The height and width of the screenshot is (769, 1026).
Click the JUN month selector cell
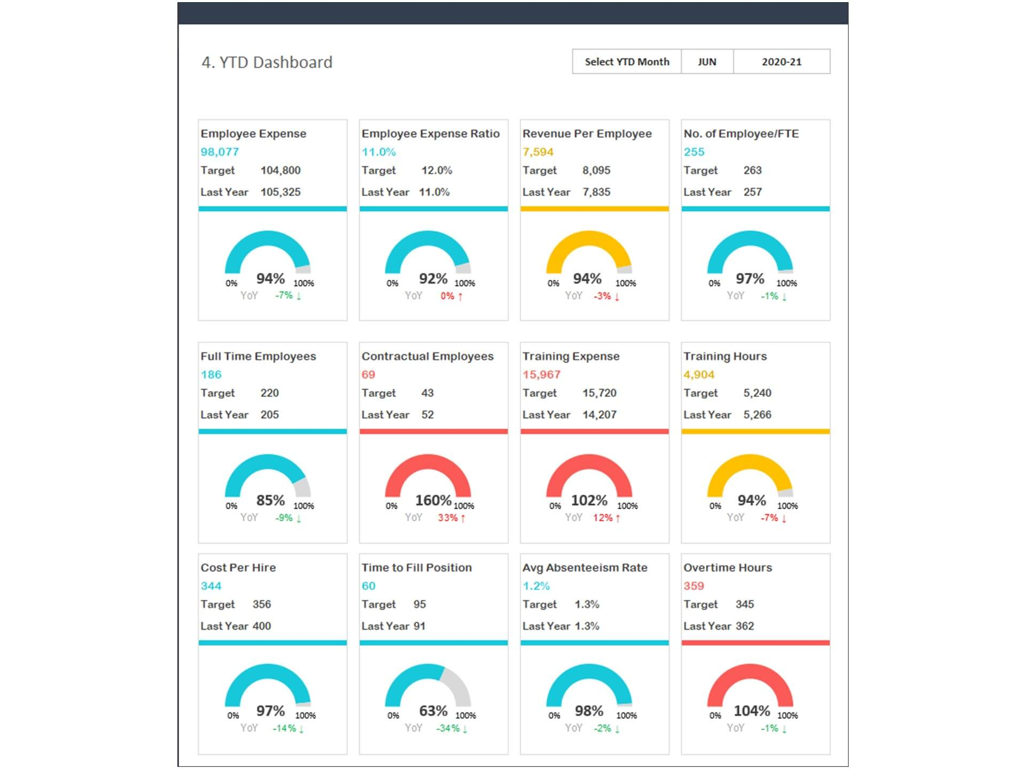click(x=706, y=62)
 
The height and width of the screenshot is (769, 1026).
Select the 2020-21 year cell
click(x=781, y=62)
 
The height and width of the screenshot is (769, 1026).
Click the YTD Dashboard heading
click(x=267, y=62)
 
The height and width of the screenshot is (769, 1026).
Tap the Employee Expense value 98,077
click(x=220, y=152)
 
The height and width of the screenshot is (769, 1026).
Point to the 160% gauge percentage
click(x=433, y=500)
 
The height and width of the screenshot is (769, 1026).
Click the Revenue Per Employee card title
click(x=587, y=134)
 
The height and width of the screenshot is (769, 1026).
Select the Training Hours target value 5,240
click(x=757, y=393)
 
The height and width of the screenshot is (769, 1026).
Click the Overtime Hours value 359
click(x=694, y=586)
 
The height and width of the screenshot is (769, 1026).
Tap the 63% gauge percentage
click(x=433, y=711)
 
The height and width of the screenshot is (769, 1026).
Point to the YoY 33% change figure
click(x=448, y=517)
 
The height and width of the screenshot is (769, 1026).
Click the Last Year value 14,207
click(x=599, y=414)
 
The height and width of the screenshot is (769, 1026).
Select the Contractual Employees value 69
click(x=368, y=374)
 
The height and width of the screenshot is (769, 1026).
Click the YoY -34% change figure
click(x=448, y=728)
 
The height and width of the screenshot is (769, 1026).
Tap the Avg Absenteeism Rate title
click(x=585, y=568)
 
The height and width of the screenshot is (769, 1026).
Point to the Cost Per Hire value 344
click(x=211, y=586)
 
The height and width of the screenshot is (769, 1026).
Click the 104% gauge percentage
click(x=751, y=711)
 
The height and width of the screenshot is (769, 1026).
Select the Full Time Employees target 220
click(x=269, y=393)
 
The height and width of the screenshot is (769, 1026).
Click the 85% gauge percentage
click(x=270, y=500)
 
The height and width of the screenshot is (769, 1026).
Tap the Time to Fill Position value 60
click(x=368, y=586)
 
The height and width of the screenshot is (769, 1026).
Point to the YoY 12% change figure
click(x=603, y=517)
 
